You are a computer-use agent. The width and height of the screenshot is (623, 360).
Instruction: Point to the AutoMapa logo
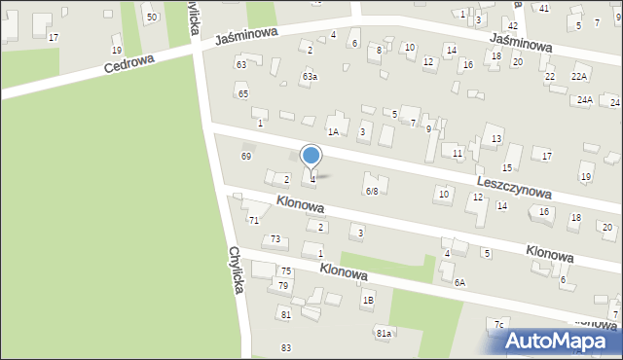[563, 342]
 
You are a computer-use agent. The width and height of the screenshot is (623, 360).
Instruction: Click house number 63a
[310, 76]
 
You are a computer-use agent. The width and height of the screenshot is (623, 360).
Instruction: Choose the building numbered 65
[242, 93]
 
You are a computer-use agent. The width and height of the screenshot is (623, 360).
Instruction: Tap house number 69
[246, 156]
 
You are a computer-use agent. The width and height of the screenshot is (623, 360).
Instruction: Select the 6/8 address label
[371, 191]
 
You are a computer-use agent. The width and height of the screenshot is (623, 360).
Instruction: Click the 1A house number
[333, 131]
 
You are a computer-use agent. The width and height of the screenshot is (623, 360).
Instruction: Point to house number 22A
[580, 76]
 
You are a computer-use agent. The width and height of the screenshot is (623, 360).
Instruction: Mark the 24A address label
[584, 100]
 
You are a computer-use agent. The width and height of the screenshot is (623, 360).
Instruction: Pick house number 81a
[384, 333]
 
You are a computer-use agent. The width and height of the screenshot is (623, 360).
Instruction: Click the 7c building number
[498, 324]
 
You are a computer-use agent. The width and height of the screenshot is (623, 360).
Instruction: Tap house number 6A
[458, 282]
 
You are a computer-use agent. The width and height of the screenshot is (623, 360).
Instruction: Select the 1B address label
[368, 300]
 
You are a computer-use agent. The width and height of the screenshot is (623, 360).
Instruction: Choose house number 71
[254, 221]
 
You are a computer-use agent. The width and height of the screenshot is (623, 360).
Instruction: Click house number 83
[286, 347]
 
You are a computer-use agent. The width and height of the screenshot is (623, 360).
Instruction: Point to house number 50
[151, 18]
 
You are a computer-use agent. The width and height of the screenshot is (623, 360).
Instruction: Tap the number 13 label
[495, 139]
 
